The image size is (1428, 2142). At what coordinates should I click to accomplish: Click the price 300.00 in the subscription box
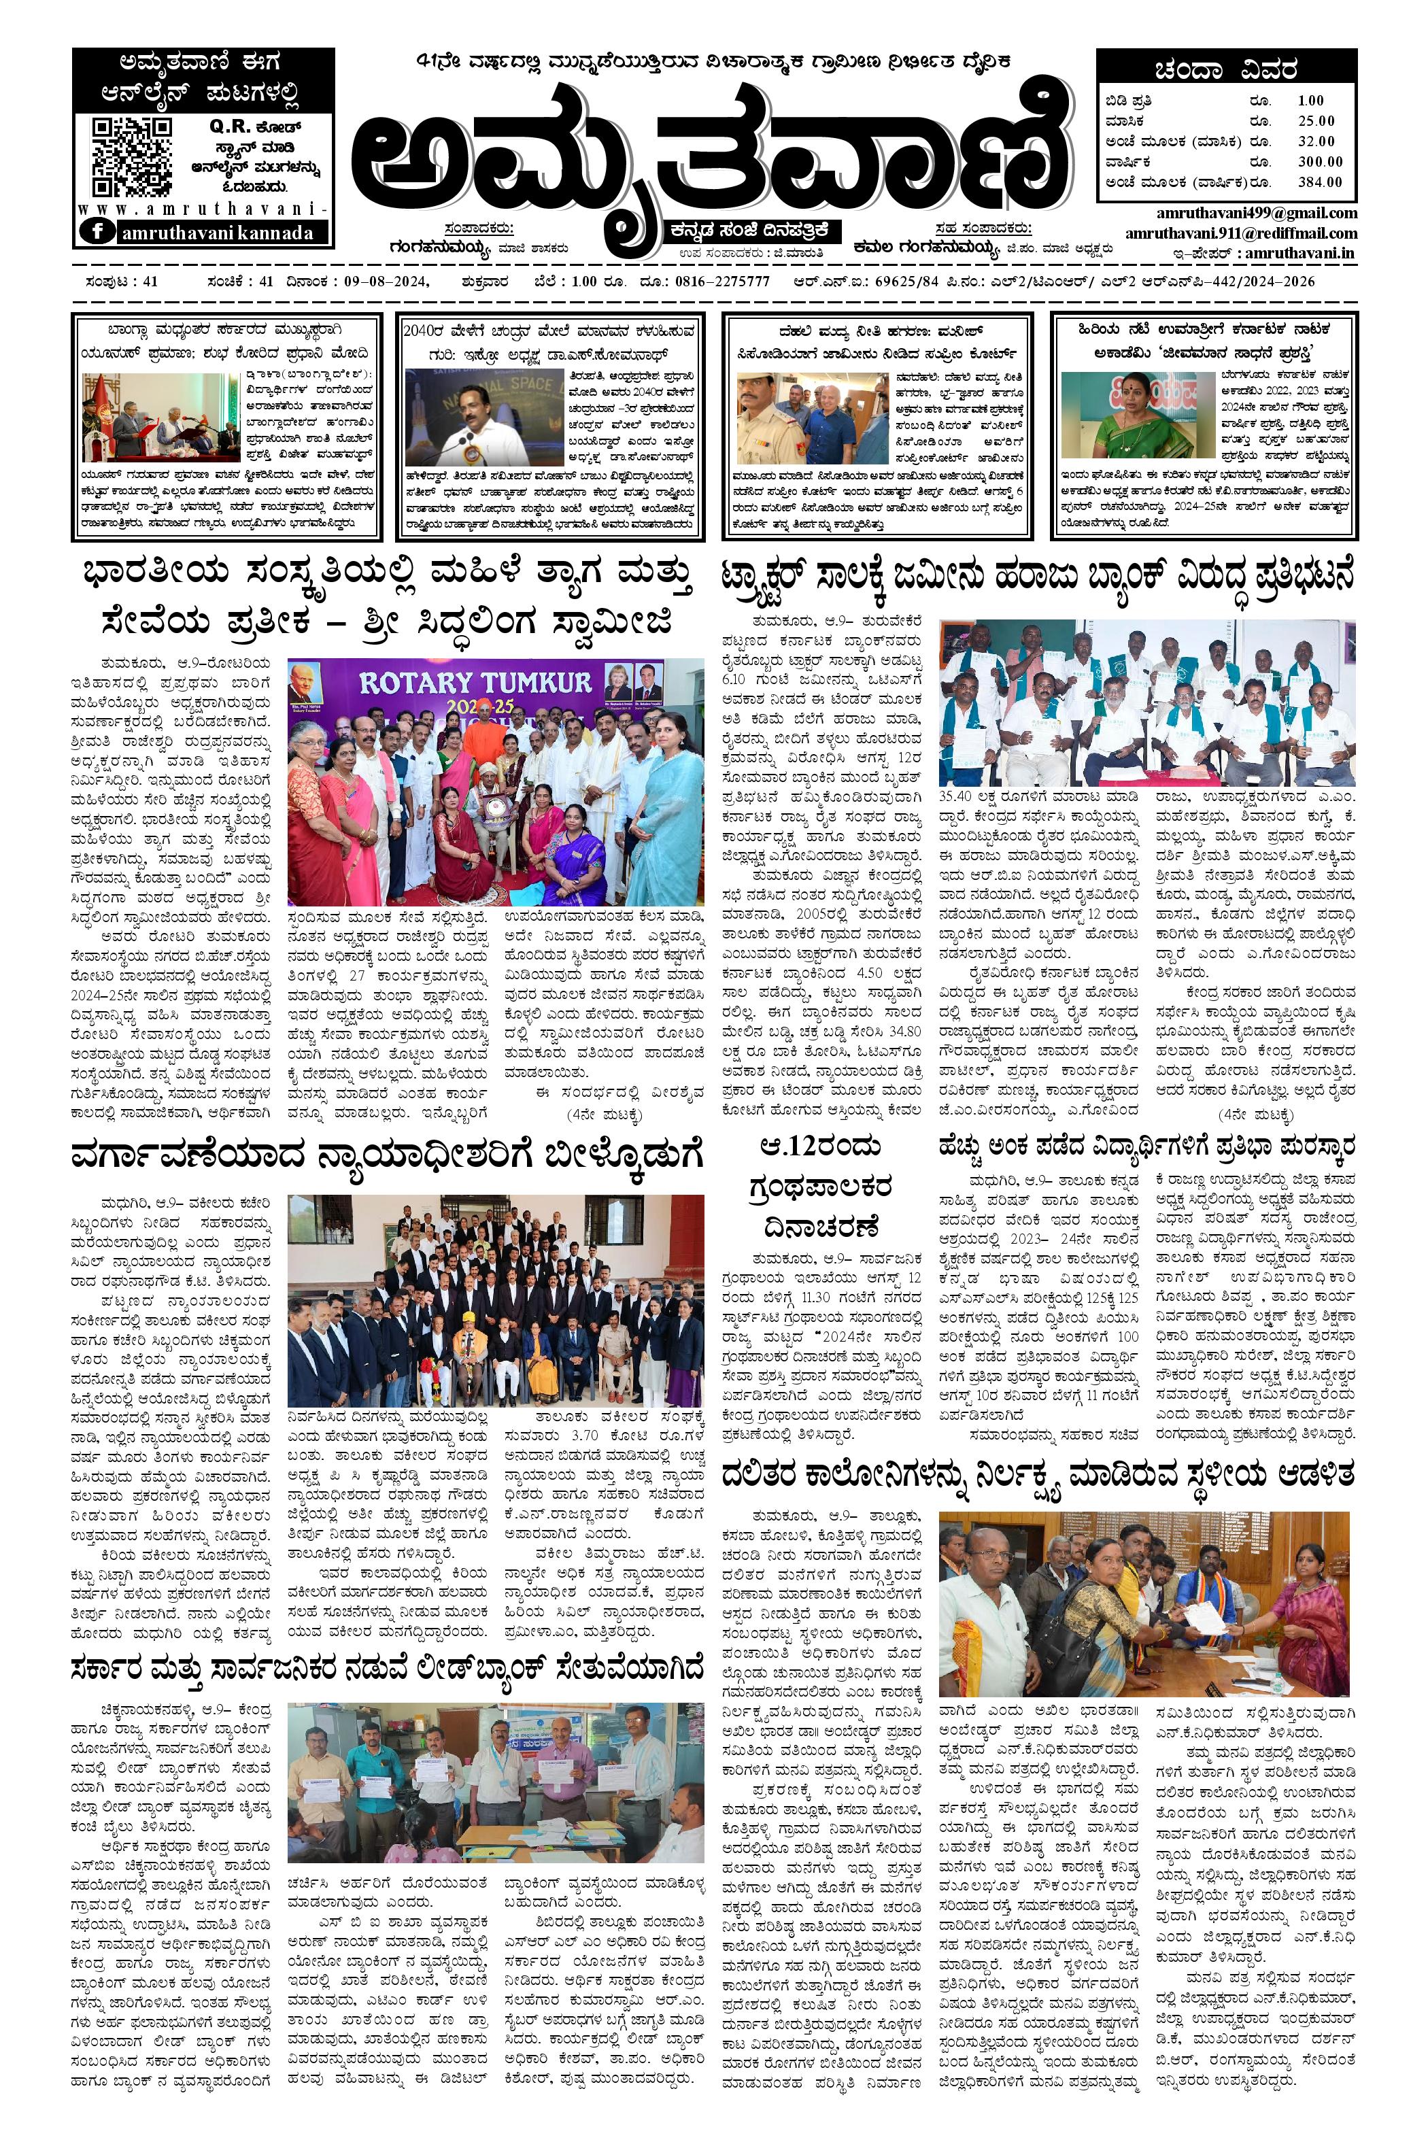1321,161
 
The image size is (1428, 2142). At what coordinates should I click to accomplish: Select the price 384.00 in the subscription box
1321,182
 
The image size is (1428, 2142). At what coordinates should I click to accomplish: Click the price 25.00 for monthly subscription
1316,120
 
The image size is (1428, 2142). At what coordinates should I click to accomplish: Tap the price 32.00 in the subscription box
1316,141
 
